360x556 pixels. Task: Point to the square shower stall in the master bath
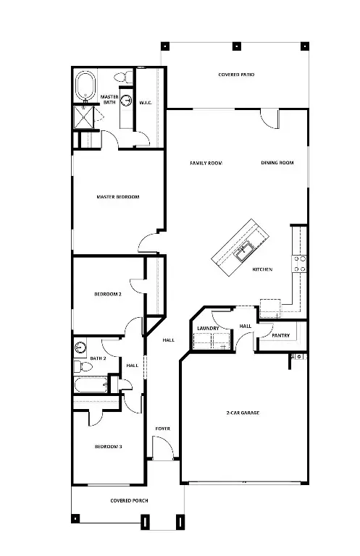click(x=86, y=117)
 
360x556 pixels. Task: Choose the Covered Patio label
click(x=236, y=75)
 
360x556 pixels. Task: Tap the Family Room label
click(x=206, y=163)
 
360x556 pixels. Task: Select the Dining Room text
click(x=277, y=163)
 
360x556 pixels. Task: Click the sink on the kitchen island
click(x=243, y=251)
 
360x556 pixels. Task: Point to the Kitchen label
click(x=262, y=269)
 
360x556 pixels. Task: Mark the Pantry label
click(x=281, y=335)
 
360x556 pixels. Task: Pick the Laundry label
click(x=208, y=329)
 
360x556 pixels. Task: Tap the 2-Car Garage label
click(x=243, y=413)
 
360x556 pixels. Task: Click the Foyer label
click(x=162, y=429)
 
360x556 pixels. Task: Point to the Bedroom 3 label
click(x=108, y=447)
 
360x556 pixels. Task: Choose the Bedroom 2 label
click(x=107, y=294)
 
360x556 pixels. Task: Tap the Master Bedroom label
click(x=118, y=196)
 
